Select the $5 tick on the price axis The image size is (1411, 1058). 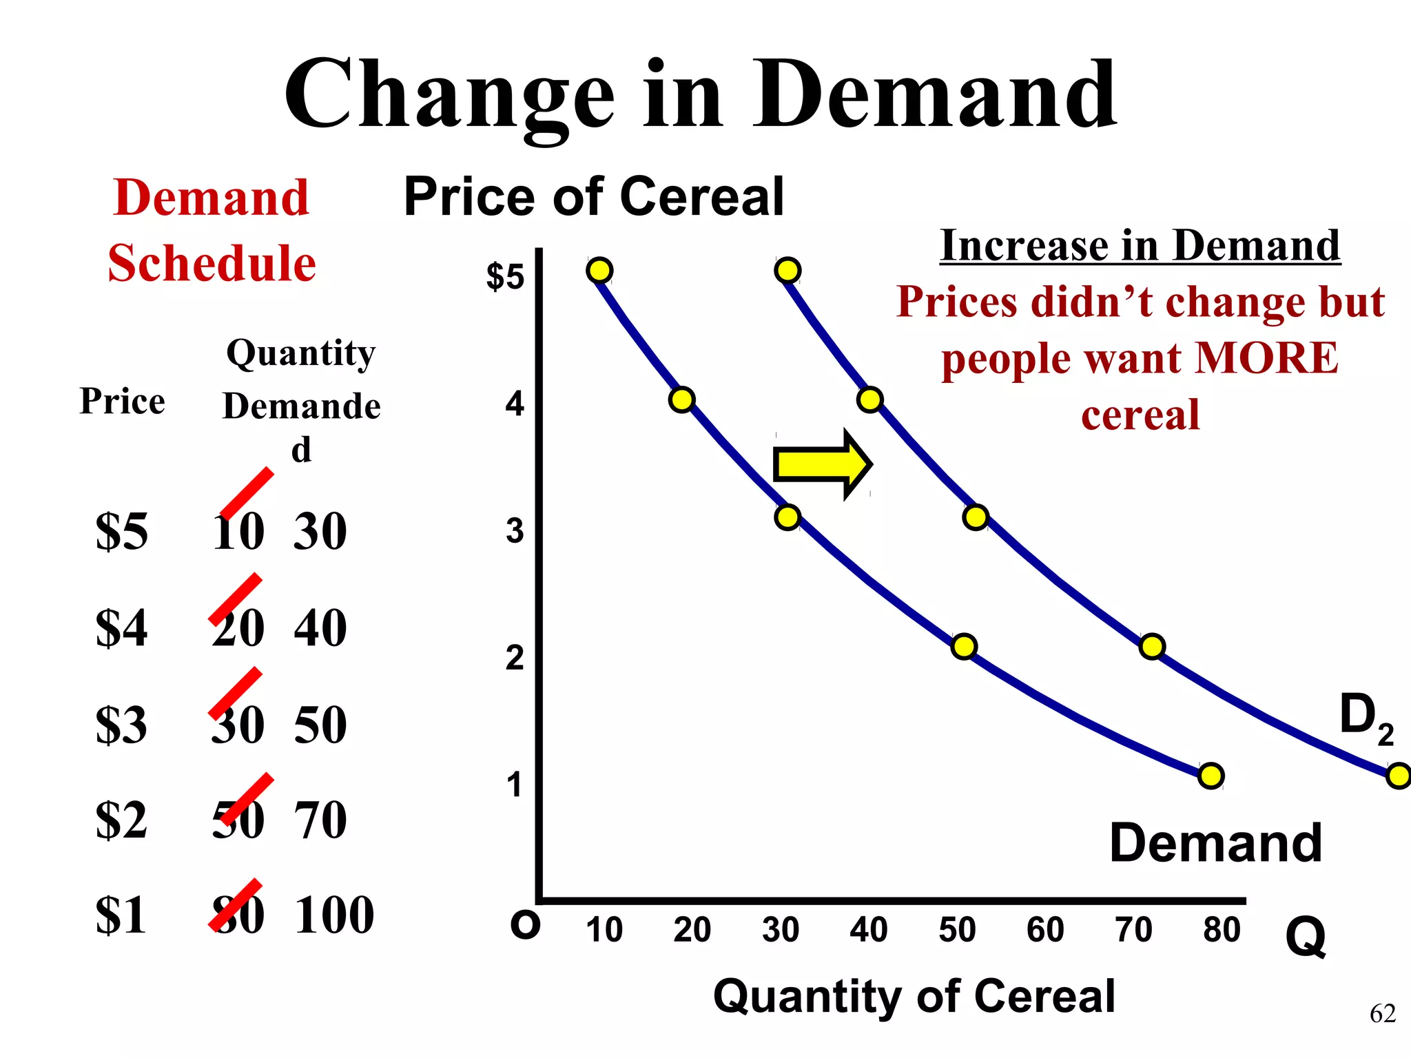pos(505,277)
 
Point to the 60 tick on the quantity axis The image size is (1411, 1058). pos(1045,930)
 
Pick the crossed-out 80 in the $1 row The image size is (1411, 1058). pos(238,915)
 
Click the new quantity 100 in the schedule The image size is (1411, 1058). pos(334,915)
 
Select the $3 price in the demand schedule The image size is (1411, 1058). pos(121,725)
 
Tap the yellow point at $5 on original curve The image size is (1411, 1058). pos(600,270)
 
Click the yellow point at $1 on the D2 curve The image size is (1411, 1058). pos(1399,776)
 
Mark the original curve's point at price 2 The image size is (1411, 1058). pos(964,646)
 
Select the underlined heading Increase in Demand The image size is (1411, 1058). pos(1140,246)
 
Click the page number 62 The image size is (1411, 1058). pos(1382,1014)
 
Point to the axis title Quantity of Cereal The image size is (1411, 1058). pos(914,996)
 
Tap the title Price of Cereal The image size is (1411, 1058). pos(594,197)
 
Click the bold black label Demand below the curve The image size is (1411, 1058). pos(1215,843)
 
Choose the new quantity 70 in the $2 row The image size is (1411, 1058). pos(320,820)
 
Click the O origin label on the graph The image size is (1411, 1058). pos(525,926)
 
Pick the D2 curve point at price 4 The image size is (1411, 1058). pos(870,400)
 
